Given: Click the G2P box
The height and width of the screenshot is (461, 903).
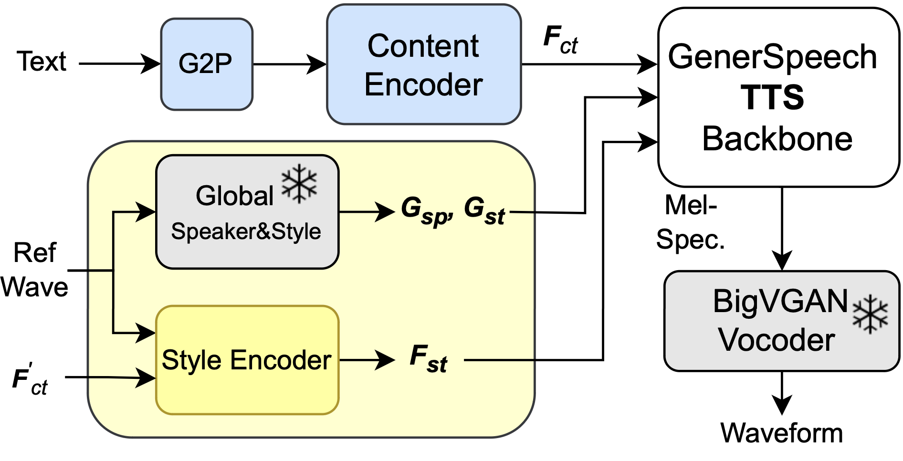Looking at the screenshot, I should click(206, 64).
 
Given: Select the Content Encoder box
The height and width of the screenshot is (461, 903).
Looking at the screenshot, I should click(423, 64).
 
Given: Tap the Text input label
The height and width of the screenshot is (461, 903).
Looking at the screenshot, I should click(42, 62).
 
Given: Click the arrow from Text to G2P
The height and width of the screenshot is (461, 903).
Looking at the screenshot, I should click(119, 63).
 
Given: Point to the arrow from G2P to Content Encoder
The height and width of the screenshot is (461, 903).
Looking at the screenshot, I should click(289, 64).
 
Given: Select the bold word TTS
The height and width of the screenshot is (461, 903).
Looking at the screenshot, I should click(772, 97).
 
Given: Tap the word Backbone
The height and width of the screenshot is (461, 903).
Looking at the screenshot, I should click(777, 139).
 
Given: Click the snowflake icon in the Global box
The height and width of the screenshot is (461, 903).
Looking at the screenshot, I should click(299, 184).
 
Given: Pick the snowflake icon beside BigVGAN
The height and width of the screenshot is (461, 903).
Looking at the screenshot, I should click(870, 314).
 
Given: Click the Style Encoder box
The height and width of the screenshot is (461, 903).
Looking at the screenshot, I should click(247, 360).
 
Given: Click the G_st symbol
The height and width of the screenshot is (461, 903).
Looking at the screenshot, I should click(484, 210).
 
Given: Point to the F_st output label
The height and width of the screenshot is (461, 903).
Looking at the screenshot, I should click(428, 359).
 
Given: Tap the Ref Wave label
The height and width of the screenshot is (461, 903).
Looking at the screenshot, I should click(34, 270).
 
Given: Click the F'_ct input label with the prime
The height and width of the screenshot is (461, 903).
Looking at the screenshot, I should click(30, 381).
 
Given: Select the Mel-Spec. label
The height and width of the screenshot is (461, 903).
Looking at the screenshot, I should click(690, 222).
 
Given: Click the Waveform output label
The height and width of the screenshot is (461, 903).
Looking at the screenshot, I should click(781, 433).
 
